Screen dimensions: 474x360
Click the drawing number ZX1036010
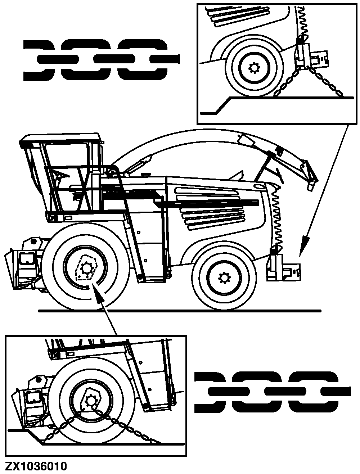tap(36, 466)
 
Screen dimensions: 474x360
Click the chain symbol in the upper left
tap(101, 59)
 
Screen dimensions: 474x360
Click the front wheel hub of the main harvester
tap(86, 268)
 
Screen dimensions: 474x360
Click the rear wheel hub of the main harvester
tap(224, 277)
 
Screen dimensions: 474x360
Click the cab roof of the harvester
tap(61, 138)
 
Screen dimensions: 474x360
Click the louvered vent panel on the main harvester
tap(212, 209)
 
